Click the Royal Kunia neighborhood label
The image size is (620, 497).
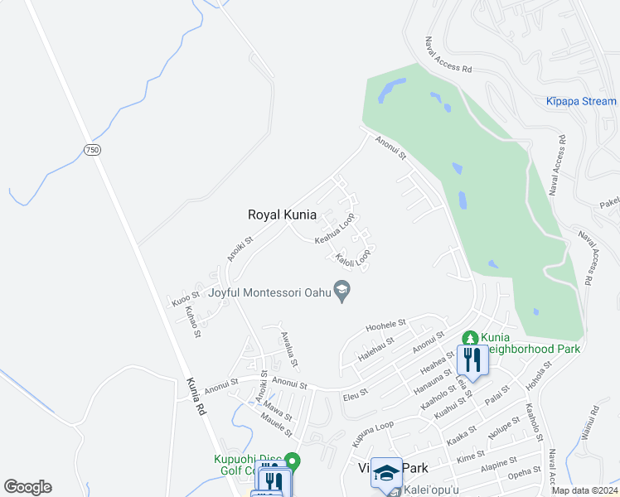coord(282,215)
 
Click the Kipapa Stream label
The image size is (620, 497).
coord(581,102)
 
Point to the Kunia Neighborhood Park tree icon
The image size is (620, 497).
coord(471,338)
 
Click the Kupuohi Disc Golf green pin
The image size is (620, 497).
coord(292,460)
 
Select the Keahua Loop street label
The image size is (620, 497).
coord(334,229)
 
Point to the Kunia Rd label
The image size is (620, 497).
coord(196,395)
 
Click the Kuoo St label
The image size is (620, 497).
coord(185,297)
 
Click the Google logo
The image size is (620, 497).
coord(27,487)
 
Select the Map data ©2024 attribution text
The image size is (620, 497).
coord(584,490)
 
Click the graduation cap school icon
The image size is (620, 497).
coord(385,471)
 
